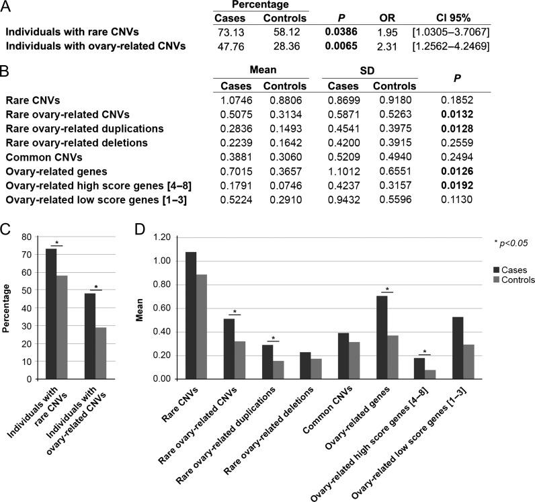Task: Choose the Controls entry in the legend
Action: [x=497, y=280]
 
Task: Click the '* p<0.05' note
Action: [x=507, y=242]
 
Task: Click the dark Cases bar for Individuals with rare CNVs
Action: [x=51, y=314]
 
